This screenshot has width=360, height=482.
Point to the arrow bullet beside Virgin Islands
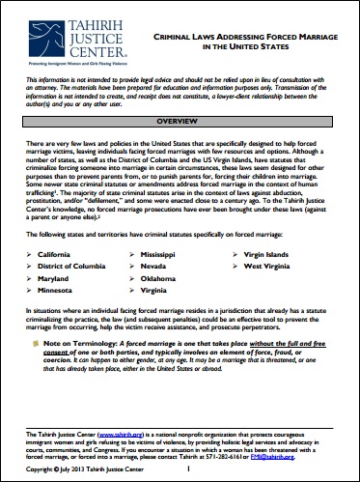(x=234, y=252)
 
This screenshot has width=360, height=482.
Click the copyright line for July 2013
(x=77, y=469)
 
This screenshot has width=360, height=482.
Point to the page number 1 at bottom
(x=187, y=469)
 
